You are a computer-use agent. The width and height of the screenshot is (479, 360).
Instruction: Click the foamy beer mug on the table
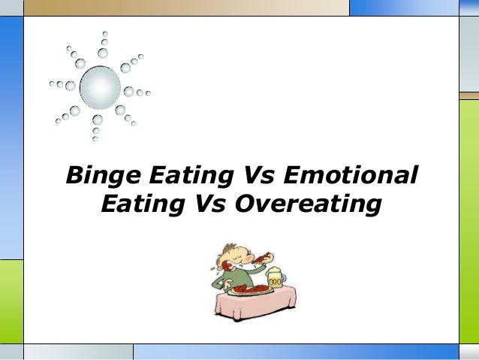[274, 279]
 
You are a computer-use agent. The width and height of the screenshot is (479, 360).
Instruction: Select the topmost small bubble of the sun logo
[105, 34]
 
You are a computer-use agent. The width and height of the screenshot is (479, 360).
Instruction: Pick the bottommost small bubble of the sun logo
[95, 138]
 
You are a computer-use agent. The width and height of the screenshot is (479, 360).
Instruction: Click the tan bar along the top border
[188, 8]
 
